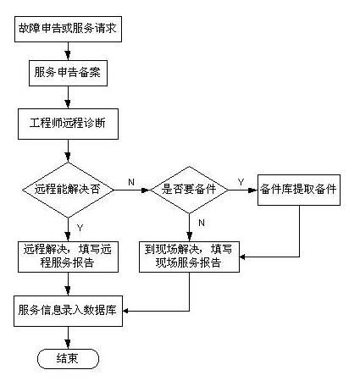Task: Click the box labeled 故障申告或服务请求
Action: click(68, 29)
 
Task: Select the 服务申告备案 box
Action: click(68, 73)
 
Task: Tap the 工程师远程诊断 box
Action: click(68, 124)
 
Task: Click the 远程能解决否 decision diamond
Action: click(68, 190)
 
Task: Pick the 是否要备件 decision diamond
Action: click(189, 190)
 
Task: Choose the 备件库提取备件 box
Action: click(299, 190)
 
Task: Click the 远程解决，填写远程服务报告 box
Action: click(68, 257)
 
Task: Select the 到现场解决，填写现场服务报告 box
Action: click(189, 257)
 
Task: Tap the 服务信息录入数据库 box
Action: click(68, 311)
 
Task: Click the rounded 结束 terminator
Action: click(68, 359)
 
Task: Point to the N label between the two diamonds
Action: click(131, 182)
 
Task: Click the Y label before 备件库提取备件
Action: click(241, 182)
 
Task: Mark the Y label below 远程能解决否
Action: click(80, 228)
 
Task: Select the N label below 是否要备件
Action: click(202, 223)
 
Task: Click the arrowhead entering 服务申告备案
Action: click(68, 56)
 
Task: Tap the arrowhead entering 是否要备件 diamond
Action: click(146, 190)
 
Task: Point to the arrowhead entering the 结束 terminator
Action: click(68, 345)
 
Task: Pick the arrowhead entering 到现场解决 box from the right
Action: click(242, 257)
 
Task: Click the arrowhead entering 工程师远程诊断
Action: click(68, 104)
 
